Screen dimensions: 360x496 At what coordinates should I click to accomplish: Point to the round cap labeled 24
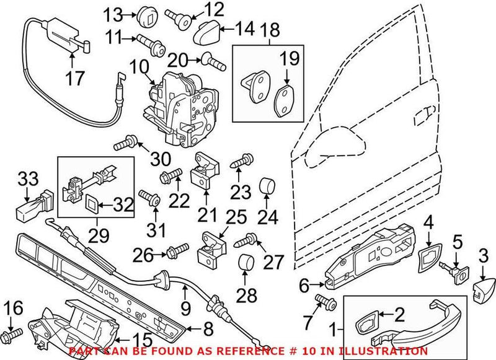268,187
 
